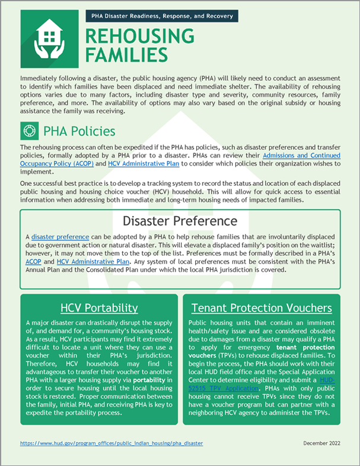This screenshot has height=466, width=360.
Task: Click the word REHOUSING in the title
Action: [x=139, y=36]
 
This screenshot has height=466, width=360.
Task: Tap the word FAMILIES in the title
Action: [x=126, y=55]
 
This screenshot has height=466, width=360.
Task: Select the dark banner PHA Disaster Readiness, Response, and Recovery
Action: [x=162, y=16]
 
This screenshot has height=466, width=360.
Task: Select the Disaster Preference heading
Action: [x=180, y=221]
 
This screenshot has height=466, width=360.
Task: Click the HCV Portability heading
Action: [x=100, y=308]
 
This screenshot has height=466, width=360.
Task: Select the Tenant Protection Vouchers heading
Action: [x=262, y=308]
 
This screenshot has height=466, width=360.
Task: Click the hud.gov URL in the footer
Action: [x=111, y=443]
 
